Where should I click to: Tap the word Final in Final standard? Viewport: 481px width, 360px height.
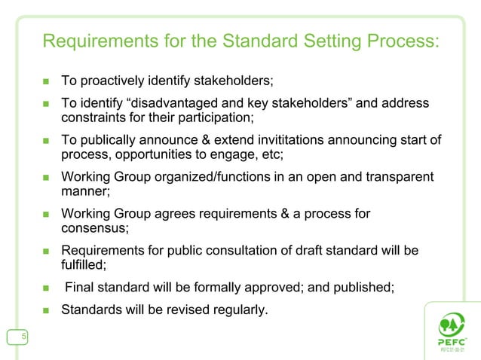(x=80, y=287)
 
